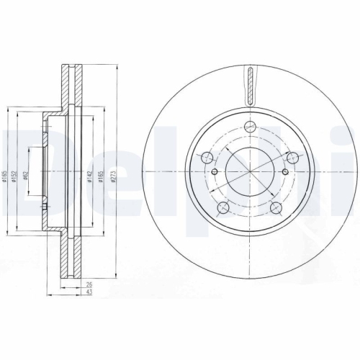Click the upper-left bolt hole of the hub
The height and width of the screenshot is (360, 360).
[x=207, y=158]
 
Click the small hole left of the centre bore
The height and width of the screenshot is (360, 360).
[x=215, y=171]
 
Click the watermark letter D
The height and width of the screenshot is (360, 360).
[x=22, y=173]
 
